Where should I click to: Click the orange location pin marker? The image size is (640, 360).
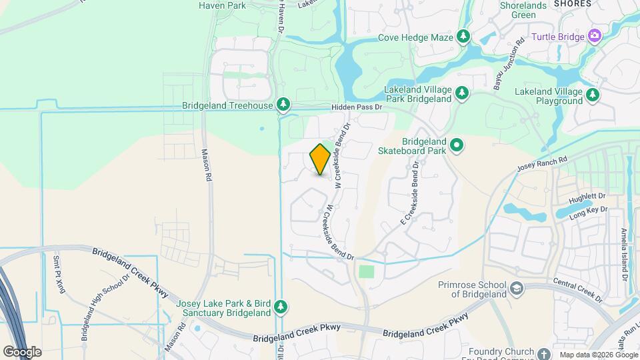(320, 159)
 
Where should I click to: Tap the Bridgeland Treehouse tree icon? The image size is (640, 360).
(283, 105)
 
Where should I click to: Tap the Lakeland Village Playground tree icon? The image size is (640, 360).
(592, 95)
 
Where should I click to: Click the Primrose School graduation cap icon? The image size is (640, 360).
(516, 289)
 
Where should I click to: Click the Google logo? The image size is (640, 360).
(22, 351)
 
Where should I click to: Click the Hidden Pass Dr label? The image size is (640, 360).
(357, 107)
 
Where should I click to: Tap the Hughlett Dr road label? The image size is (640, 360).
(587, 198)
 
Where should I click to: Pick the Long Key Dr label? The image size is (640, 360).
(589, 211)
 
